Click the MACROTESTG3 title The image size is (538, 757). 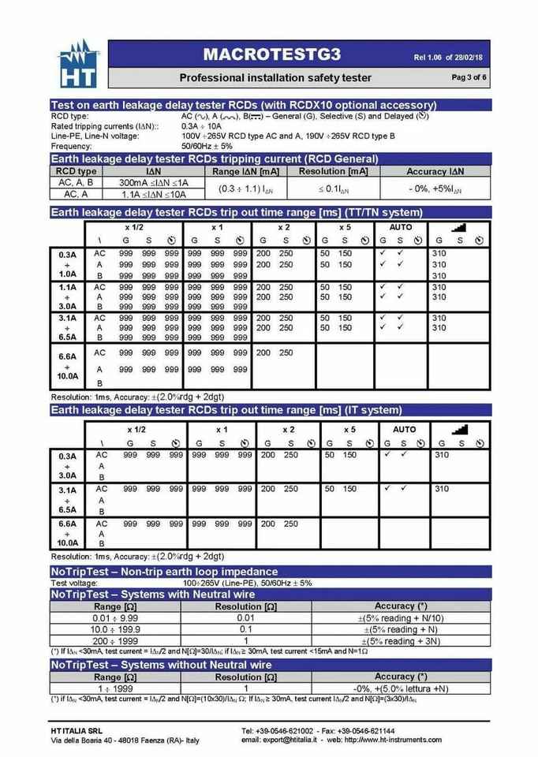pyautogui.click(x=271, y=54)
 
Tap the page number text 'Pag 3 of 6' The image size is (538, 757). pyautogui.click(x=469, y=77)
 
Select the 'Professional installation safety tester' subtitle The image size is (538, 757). pyautogui.click(x=275, y=77)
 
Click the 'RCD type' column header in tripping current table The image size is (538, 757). pyautogui.click(x=76, y=171)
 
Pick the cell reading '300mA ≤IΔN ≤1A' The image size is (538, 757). pyautogui.click(x=154, y=182)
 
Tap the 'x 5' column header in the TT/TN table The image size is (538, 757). pyautogui.click(x=344, y=227)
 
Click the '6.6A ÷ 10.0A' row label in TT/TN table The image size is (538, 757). pyautogui.click(x=68, y=366)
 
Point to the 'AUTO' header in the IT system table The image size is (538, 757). pyautogui.click(x=404, y=430)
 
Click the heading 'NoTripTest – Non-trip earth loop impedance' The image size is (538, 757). pyautogui.click(x=164, y=572)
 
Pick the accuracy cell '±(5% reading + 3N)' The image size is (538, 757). pyautogui.click(x=401, y=641)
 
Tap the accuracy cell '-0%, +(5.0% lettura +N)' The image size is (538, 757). pyautogui.click(x=401, y=688)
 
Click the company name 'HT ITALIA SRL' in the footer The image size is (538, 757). pyautogui.click(x=77, y=731)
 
